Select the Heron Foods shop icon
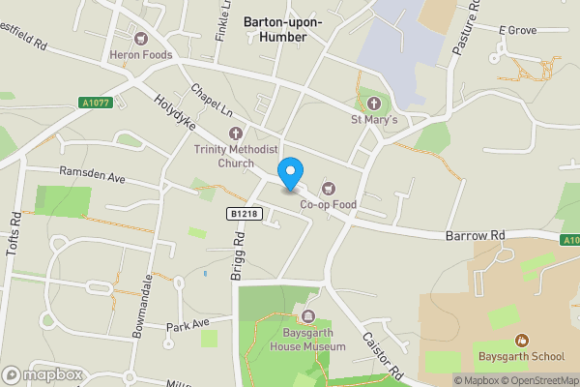[141, 40]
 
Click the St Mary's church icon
[374, 104]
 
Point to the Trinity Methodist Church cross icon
[236, 133]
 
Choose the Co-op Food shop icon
[327, 189]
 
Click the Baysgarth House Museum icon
[308, 316]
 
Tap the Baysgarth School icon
[522, 340]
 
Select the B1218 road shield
[243, 213]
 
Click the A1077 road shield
[93, 102]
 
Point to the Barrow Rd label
[476, 236]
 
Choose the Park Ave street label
[188, 324]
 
